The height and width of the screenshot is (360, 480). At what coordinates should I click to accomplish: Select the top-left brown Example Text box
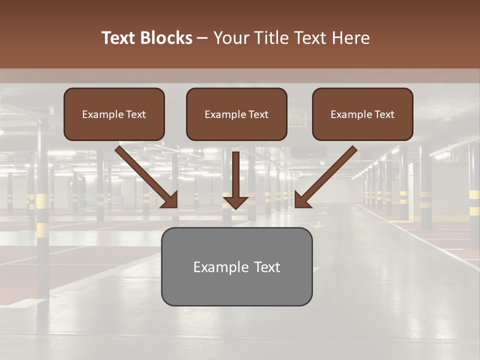coord(114,114)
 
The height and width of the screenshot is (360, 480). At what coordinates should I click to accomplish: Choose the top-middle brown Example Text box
coord(236,114)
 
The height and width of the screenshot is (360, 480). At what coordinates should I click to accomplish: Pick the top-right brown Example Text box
coord(362,114)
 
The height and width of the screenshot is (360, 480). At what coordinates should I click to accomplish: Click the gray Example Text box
coord(236,266)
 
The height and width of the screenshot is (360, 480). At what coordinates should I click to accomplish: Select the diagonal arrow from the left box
coord(145,175)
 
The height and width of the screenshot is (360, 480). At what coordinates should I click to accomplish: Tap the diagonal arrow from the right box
coord(327,175)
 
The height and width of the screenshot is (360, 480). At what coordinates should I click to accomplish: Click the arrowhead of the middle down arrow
coord(235,201)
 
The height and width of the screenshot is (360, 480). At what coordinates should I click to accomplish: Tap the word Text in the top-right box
coord(384,114)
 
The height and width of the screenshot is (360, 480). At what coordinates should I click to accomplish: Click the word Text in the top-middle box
coord(258,114)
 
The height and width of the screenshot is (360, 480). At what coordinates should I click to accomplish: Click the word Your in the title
coord(230,38)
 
